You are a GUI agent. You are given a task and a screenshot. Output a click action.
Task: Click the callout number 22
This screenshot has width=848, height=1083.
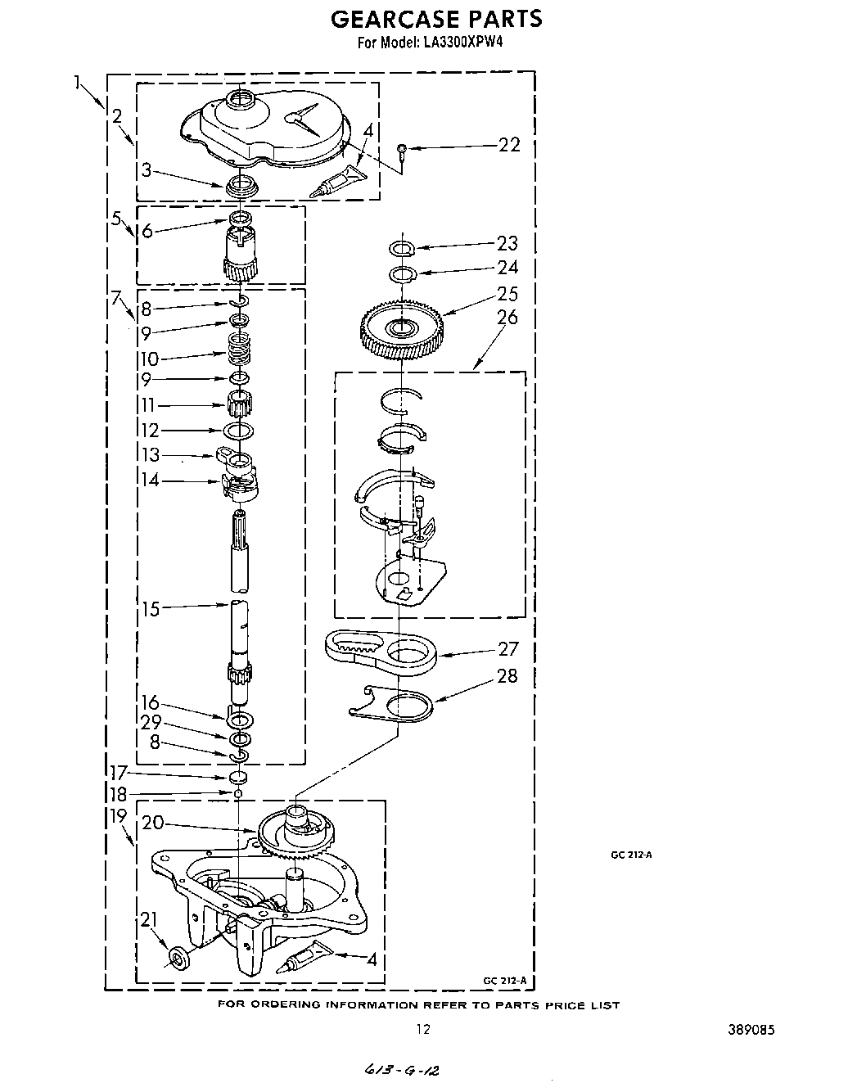[508, 145]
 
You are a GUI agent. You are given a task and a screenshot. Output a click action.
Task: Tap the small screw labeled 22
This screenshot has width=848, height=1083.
[403, 148]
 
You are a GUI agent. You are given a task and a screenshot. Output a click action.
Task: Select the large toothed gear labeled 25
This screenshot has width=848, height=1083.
[401, 329]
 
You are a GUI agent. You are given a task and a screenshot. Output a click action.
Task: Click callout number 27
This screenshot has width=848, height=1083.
[508, 648]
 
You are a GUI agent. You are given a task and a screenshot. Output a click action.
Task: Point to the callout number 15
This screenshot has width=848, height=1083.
[151, 609]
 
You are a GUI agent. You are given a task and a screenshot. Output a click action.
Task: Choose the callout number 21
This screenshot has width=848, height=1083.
[147, 921]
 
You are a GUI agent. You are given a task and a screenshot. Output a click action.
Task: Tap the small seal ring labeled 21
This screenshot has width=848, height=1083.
[177, 958]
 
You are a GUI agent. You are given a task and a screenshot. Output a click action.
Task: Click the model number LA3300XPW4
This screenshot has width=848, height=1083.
[462, 42]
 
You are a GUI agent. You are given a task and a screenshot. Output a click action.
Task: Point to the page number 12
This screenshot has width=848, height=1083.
[422, 1030]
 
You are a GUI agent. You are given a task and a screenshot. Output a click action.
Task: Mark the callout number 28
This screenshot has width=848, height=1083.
[507, 675]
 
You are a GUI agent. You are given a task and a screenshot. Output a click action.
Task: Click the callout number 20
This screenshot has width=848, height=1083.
[153, 824]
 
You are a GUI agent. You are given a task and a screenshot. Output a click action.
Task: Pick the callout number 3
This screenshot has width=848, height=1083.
[146, 170]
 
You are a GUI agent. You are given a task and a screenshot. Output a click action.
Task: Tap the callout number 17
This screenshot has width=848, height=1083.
[119, 771]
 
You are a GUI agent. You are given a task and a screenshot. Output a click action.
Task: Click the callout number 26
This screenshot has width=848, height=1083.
[507, 317]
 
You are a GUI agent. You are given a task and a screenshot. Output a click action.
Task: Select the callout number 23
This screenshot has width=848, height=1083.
[507, 243]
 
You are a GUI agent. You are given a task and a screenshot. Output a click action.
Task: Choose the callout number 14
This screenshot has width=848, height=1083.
[150, 481]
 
